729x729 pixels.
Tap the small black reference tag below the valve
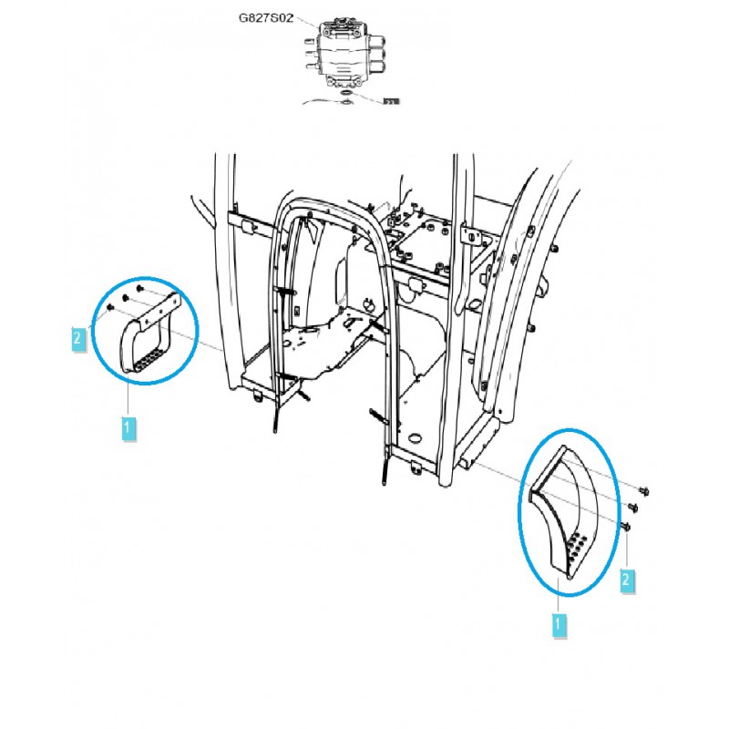point(393,101)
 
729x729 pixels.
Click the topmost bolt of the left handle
point(138,289)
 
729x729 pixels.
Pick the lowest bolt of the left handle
point(108,308)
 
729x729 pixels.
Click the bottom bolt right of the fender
point(627,526)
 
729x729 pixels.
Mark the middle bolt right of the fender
point(635,507)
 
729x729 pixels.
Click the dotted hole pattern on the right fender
point(578,548)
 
